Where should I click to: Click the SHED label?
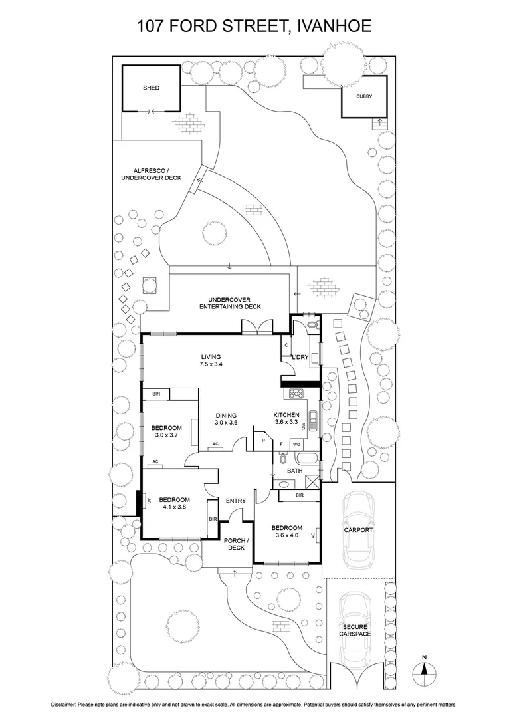pos(151,88)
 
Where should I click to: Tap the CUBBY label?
pos(364,96)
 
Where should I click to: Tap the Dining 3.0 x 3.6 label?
pos(226,419)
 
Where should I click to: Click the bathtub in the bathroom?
pos(306,458)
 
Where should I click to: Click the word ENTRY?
pos(236,501)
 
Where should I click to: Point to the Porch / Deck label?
pos(236,544)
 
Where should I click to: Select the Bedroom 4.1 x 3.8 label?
pos(174,503)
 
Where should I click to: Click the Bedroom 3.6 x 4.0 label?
pos(287,531)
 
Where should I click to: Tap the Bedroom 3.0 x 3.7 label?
pos(166,431)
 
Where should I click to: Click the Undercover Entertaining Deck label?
pos(230,303)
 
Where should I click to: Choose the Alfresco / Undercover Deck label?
pos(152,175)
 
